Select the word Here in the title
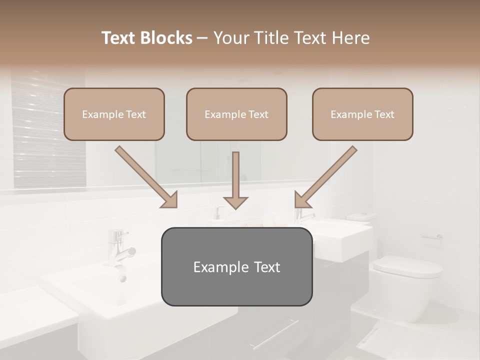pos(350,38)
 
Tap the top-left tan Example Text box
pos(114,114)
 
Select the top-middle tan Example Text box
pos(236,114)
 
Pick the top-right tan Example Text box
pos(362,114)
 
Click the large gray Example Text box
pos(236,266)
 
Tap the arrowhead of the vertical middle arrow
pos(235,202)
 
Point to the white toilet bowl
pos(407,285)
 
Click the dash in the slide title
pos(202,38)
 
